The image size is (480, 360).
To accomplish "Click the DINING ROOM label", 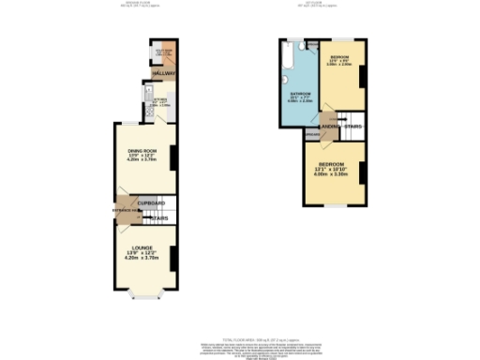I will [142, 151].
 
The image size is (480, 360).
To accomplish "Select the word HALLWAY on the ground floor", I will [152, 72].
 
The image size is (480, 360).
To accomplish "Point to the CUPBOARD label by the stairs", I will [152, 203].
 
